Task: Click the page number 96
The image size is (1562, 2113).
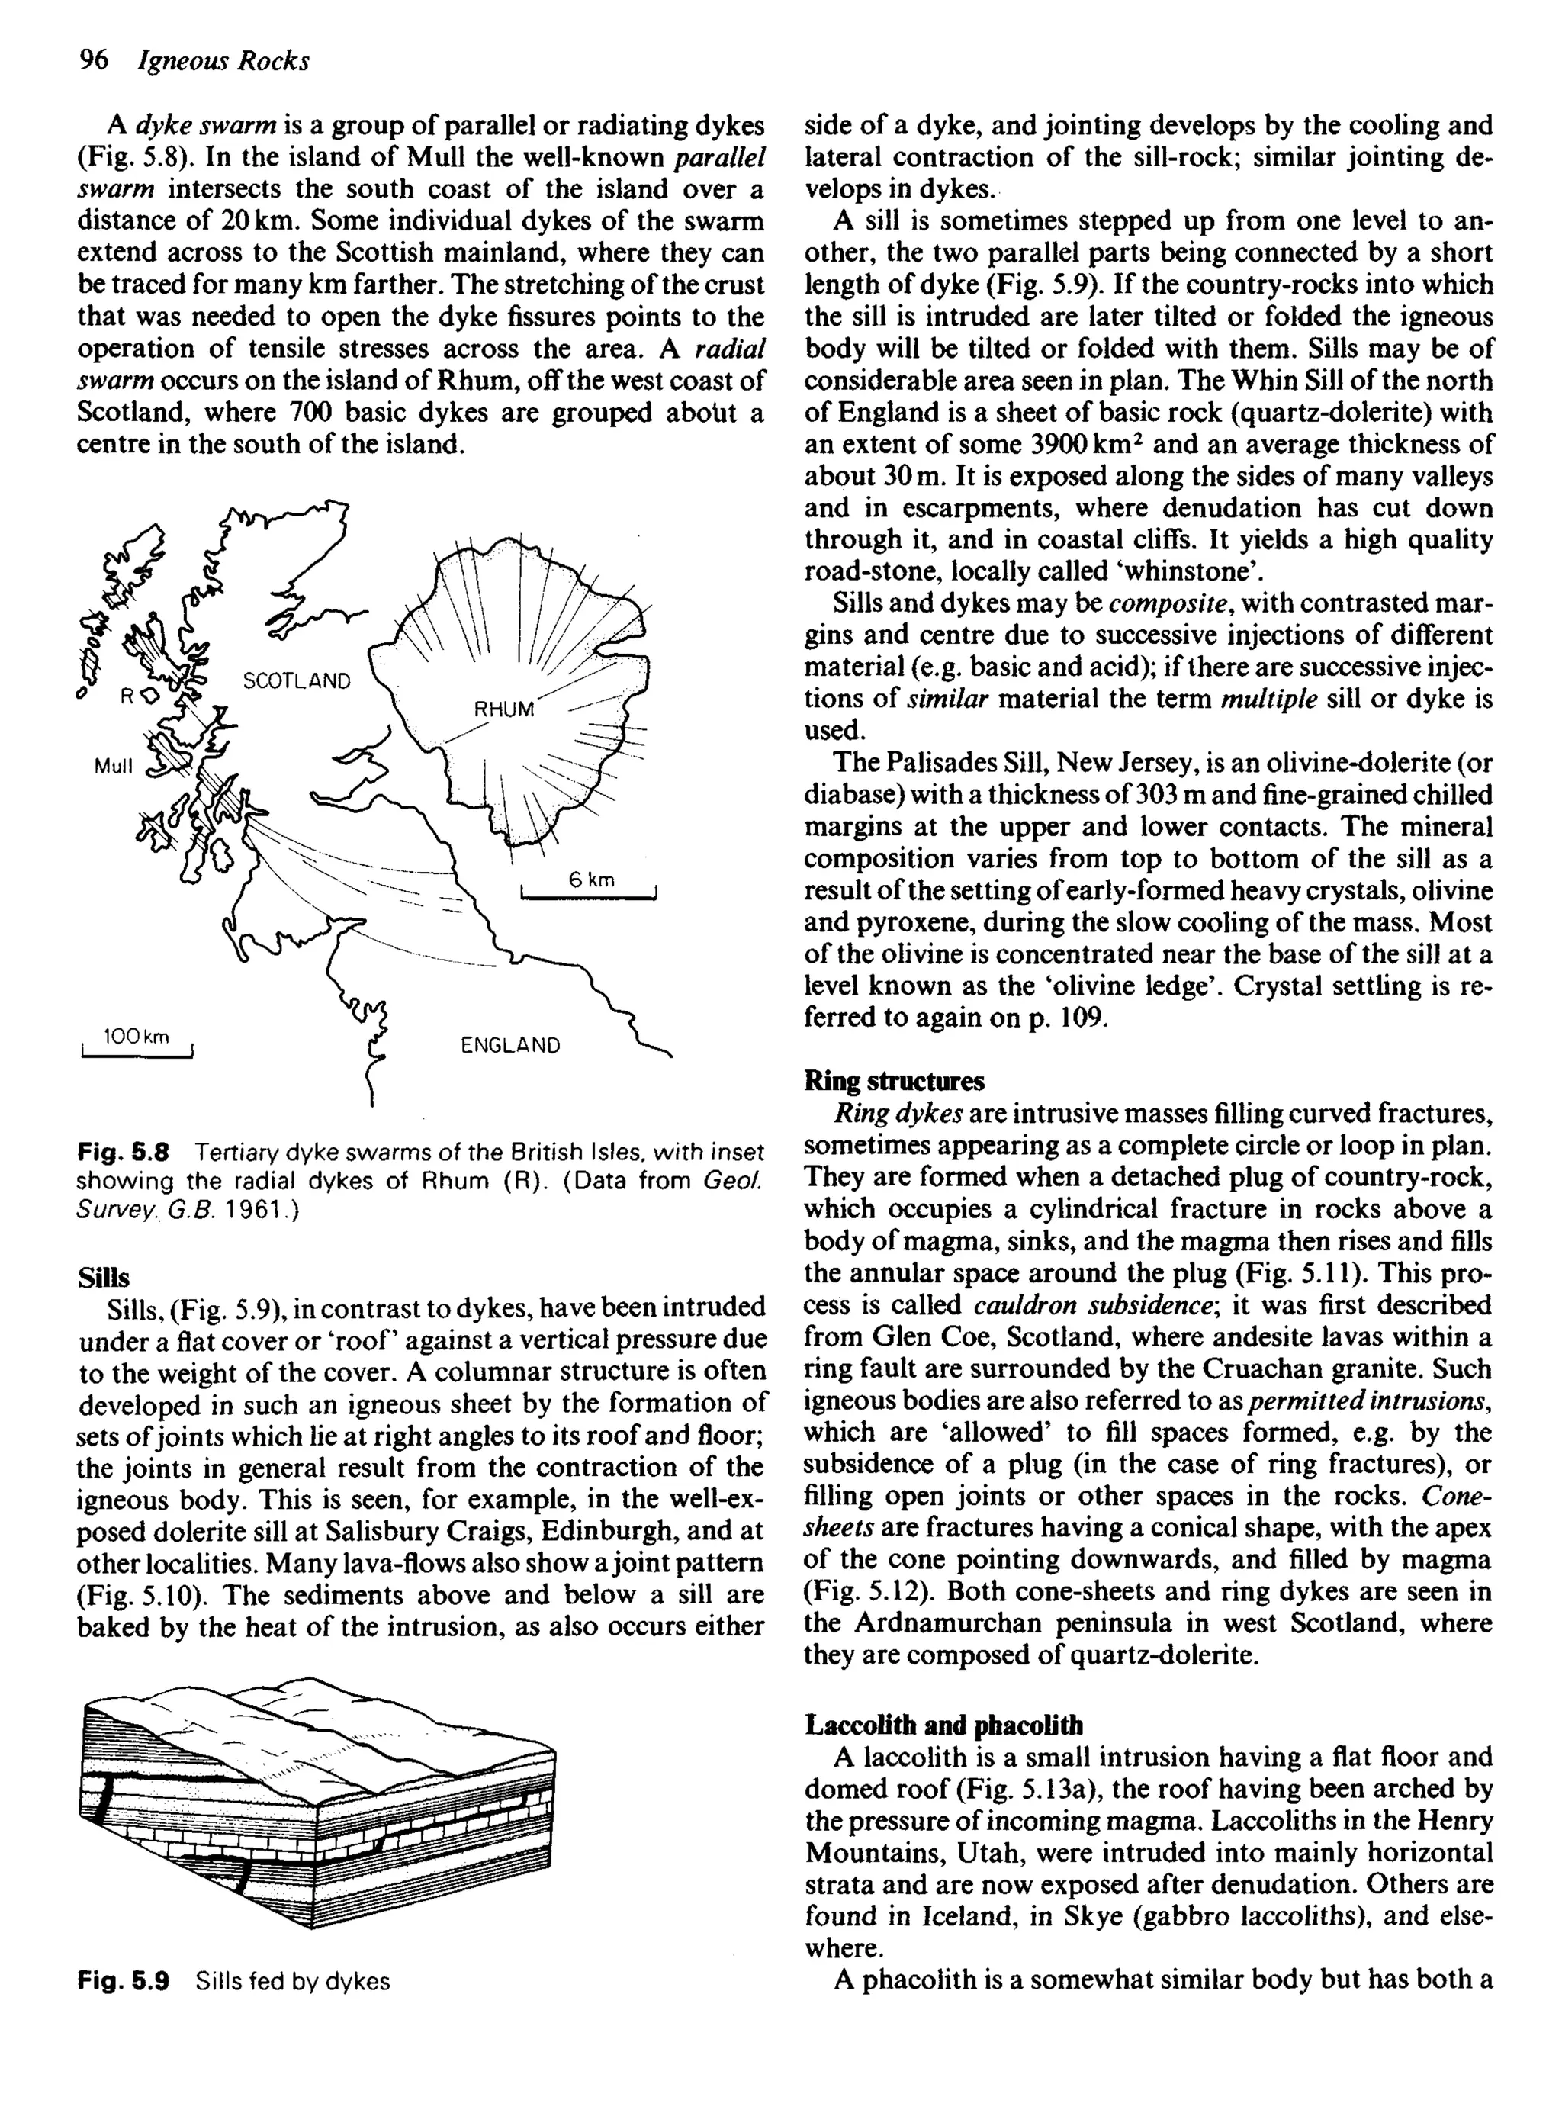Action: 94,60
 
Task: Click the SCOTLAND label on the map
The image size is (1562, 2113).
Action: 296,680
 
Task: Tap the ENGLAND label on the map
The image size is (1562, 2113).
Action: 509,1045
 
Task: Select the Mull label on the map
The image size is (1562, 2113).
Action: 114,766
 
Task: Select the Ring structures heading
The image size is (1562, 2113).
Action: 894,1081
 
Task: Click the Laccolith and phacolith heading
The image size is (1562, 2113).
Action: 943,1725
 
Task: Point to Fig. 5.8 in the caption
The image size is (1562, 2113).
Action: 123,1153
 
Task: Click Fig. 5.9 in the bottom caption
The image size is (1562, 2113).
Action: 123,1980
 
